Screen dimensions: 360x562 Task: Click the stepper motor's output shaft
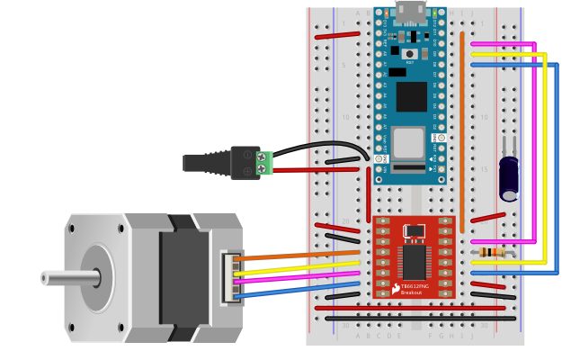(x=67, y=278)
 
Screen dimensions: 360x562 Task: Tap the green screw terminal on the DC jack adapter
(x=264, y=163)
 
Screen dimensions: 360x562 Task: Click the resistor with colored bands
(x=491, y=252)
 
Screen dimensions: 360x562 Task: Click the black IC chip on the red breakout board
(x=414, y=262)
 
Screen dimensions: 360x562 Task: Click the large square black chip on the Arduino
(x=411, y=96)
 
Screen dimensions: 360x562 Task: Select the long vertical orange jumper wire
(x=462, y=126)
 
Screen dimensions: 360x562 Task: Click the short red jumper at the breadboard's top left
(x=337, y=35)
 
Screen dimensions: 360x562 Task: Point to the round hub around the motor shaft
(x=96, y=278)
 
